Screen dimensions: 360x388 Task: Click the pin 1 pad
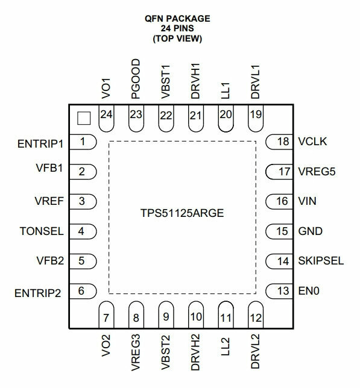(83, 142)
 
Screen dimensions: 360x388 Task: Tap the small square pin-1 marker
(84, 118)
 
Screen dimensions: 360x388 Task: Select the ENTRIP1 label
(40, 144)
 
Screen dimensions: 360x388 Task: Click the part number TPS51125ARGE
(182, 213)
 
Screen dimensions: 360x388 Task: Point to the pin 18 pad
(279, 142)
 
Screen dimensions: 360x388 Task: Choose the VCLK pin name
(312, 142)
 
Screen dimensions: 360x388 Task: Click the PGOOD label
(136, 79)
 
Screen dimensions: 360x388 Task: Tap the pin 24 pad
(106, 118)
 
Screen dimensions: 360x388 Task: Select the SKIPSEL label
(321, 261)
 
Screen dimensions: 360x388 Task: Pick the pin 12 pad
(256, 314)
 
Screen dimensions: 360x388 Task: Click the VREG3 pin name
(136, 352)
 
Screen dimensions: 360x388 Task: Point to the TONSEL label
(42, 231)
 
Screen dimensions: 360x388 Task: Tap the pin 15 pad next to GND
(279, 231)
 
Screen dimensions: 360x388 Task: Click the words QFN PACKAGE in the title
(177, 19)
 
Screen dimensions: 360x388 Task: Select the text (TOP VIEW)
(177, 39)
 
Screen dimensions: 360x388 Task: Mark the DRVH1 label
(195, 81)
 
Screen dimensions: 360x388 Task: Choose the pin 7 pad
(106, 314)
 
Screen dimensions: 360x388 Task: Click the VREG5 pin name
(317, 172)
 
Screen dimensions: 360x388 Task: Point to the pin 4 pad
(83, 231)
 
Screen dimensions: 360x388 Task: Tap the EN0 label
(309, 291)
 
